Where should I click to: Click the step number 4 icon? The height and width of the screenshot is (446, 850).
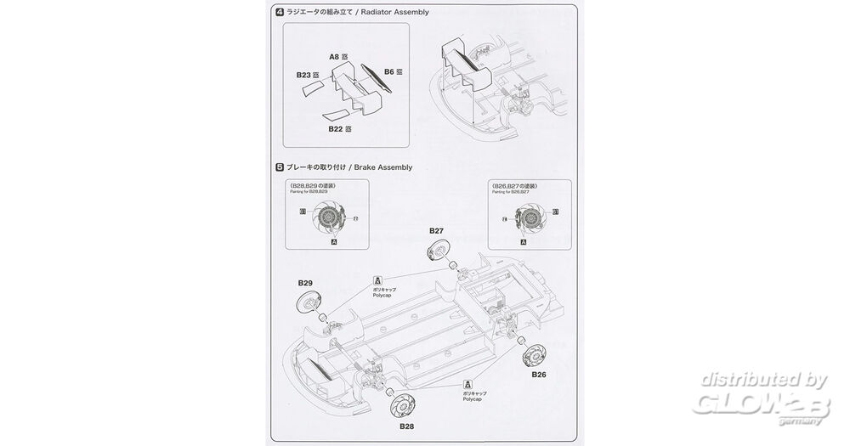(x=280, y=12)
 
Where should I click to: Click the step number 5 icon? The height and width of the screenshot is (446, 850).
(x=280, y=167)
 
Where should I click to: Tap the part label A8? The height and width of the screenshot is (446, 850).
(x=334, y=57)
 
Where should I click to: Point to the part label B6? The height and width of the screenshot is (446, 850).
(x=388, y=72)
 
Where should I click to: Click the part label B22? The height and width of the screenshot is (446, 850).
(x=335, y=128)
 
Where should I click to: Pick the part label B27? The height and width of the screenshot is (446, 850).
(x=436, y=230)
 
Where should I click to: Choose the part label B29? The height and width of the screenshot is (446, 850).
(x=305, y=282)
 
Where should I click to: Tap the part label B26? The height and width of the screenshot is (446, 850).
(x=538, y=374)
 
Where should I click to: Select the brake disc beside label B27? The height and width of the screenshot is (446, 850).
(x=437, y=251)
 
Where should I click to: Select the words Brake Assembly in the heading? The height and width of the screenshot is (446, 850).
(x=382, y=167)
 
